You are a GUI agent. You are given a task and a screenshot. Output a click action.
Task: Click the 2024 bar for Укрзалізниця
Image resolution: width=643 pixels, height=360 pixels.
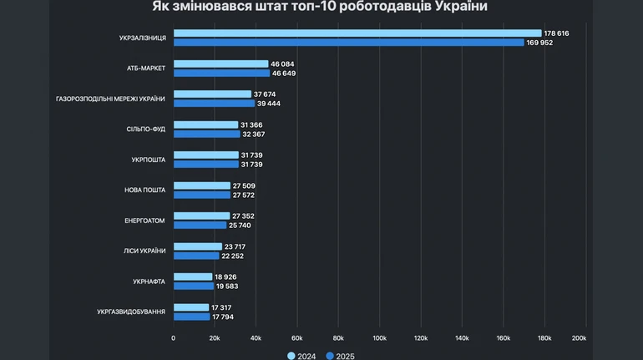click(x=357, y=33)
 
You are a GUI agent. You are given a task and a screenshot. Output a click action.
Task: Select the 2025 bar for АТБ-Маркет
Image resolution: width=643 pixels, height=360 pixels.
click(x=221, y=74)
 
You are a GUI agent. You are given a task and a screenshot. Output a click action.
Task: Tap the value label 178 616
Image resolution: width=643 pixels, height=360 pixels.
click(x=556, y=33)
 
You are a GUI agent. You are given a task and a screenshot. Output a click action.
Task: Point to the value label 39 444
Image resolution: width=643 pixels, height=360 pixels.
click(x=270, y=104)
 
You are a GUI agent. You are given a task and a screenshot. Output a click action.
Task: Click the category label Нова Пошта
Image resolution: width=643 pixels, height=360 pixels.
click(x=145, y=190)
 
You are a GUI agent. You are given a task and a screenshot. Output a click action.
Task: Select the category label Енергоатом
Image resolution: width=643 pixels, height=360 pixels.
click(x=144, y=221)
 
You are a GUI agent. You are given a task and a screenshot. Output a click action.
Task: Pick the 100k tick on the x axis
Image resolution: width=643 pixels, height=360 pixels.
click(x=379, y=338)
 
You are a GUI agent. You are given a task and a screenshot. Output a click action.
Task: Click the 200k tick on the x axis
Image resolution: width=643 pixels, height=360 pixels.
click(x=579, y=338)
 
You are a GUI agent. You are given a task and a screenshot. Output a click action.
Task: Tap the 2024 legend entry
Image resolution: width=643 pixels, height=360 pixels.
click(x=301, y=356)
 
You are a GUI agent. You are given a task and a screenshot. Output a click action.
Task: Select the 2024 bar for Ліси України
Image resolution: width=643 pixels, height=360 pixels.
click(x=197, y=246)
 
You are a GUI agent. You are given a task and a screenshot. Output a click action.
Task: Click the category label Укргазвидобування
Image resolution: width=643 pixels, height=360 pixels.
click(x=131, y=312)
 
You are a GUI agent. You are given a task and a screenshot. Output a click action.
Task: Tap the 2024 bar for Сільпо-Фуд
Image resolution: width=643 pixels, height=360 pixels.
click(x=205, y=124)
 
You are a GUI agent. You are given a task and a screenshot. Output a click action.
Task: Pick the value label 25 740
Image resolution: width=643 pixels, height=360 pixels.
click(x=240, y=226)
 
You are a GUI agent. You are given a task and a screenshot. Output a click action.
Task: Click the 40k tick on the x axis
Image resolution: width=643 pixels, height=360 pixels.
click(x=256, y=338)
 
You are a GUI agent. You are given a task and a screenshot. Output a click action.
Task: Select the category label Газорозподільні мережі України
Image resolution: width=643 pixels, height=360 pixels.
click(x=110, y=99)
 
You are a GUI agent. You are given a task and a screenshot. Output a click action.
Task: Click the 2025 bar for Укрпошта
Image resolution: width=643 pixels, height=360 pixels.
click(x=205, y=165)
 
